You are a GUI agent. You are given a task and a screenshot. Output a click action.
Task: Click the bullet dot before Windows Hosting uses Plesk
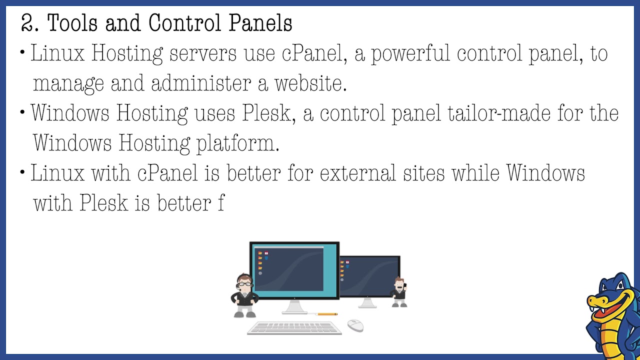pyautogui.click(x=23, y=112)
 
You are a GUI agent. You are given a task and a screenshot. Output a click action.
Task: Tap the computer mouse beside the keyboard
pyautogui.click(x=355, y=325)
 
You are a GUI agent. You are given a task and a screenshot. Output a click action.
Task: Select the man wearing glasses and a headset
pyautogui.click(x=244, y=295)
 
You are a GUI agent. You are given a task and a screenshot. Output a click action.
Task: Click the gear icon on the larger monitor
pyautogui.click(x=260, y=273)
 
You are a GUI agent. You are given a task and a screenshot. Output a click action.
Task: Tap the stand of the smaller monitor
pyautogui.click(x=368, y=303)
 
